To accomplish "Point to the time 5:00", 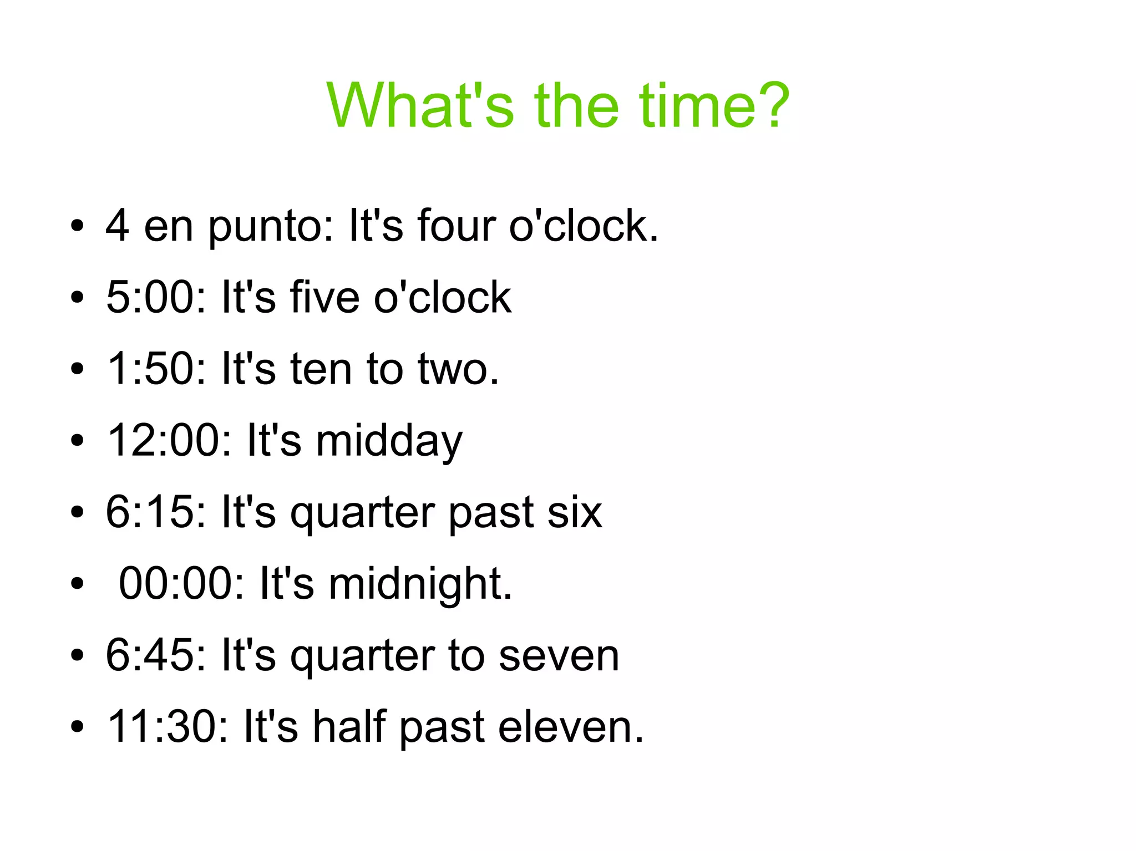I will [155, 298].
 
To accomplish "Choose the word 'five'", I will [324, 298].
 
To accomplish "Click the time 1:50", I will [155, 369].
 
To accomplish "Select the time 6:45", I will [155, 655].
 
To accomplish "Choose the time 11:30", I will [168, 727].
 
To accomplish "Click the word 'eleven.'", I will [571, 727].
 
